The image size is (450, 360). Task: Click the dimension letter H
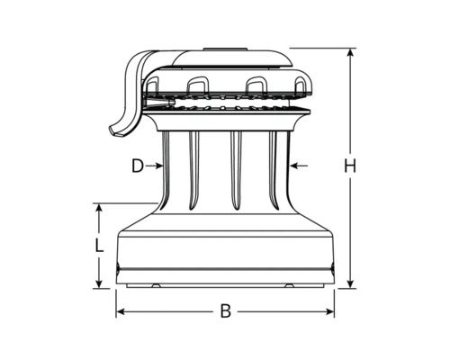[x=350, y=166]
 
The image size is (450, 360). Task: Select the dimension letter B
[x=226, y=311]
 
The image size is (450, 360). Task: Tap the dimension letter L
[x=99, y=245]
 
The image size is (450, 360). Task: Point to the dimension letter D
[x=138, y=166]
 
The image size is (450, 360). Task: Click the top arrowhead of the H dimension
[x=350, y=53]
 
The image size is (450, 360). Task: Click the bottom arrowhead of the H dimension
[x=350, y=283]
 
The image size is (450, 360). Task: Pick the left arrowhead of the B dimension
[x=121, y=312]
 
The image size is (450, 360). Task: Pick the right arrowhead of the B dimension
[x=329, y=312]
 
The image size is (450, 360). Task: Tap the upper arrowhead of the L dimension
[x=99, y=208]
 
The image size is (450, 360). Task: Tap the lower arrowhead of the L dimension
[x=99, y=283]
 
